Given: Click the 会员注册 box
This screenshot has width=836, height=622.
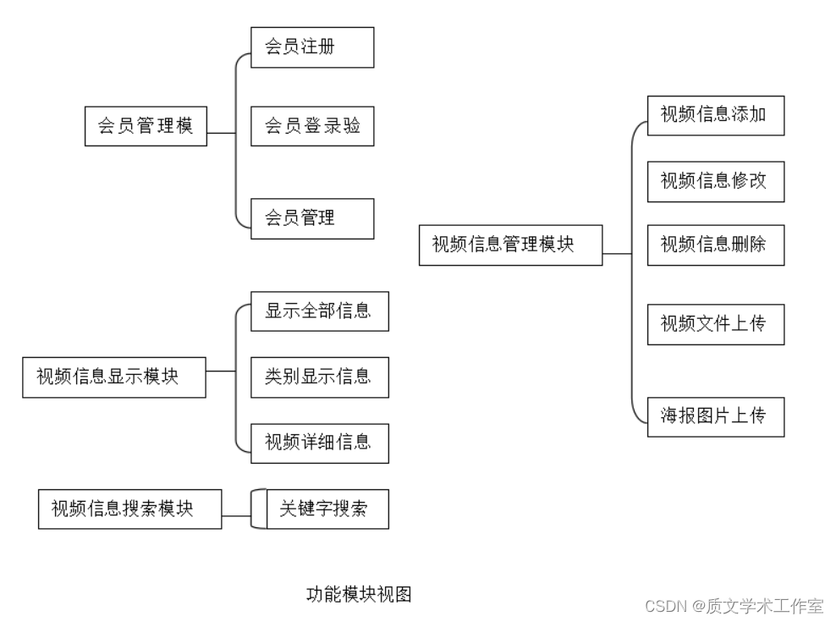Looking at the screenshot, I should point(312,47).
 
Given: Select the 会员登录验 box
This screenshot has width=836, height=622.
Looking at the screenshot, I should point(312,126).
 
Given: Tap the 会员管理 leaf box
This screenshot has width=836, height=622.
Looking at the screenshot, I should point(312,218).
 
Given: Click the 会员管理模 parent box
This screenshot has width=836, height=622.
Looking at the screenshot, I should point(146,126).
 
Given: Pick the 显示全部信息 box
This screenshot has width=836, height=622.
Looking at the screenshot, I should point(320,311).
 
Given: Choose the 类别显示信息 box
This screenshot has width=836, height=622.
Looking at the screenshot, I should point(320,377).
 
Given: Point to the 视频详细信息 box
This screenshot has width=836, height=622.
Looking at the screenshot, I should point(320,443).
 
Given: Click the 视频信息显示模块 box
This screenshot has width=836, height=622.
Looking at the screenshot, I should point(114,377).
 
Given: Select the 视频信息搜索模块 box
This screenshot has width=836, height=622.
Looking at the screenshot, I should point(130,509).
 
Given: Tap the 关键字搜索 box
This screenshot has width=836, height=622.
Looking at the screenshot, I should point(327,509).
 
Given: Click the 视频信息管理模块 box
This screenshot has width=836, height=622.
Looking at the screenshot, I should point(510,245).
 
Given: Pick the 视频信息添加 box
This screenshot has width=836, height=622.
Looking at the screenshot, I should point(716,115).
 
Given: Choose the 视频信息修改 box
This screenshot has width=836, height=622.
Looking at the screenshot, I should point(716,181).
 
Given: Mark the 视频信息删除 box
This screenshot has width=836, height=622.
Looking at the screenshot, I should point(716,245).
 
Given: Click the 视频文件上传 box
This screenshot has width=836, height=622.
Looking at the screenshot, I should point(716,324).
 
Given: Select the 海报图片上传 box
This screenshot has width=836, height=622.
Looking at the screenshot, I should point(716,416).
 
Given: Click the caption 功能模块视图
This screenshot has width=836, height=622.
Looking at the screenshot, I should point(359,595).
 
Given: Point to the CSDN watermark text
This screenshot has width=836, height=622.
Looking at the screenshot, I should point(734,606).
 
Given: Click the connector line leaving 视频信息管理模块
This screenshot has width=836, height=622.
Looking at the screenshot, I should point(617,253).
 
